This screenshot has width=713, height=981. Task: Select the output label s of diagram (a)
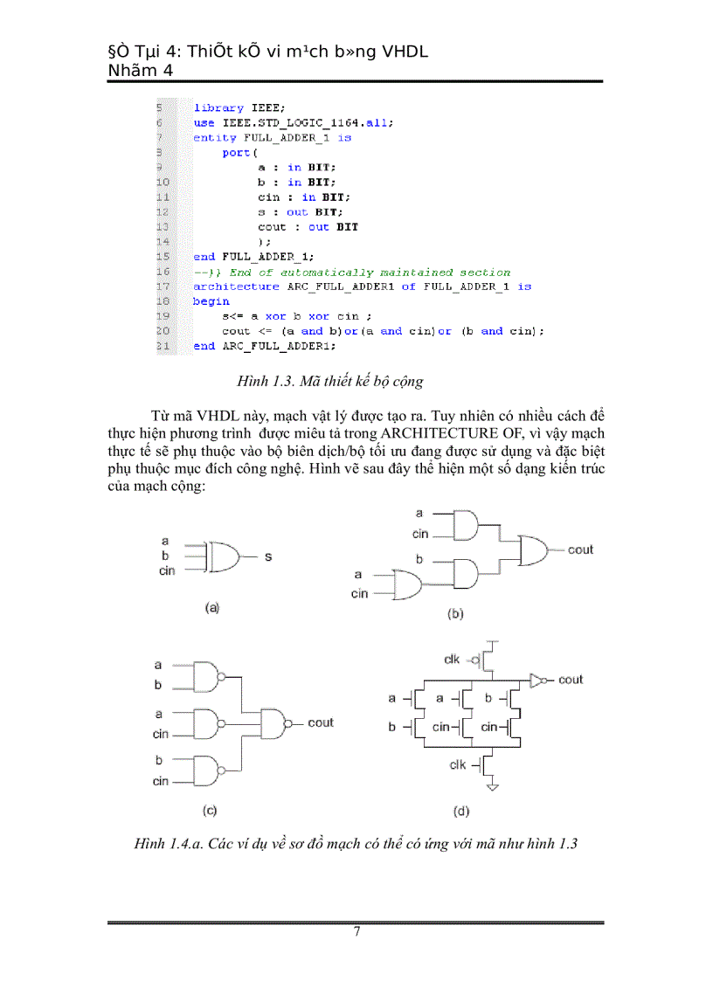(x=267, y=556)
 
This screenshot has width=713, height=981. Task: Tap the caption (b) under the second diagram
(x=455, y=614)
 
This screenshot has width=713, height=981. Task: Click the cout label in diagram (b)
(x=580, y=549)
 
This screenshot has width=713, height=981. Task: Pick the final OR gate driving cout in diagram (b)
(x=534, y=550)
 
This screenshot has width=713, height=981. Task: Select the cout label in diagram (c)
(x=321, y=722)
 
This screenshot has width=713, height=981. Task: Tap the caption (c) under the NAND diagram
(x=210, y=810)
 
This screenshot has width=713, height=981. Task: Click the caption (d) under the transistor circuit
(x=460, y=812)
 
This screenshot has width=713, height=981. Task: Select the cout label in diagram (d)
(x=571, y=680)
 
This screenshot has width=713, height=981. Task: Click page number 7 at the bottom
(x=356, y=931)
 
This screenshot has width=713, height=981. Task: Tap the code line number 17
(x=162, y=287)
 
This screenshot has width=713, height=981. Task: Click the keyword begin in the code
(x=211, y=301)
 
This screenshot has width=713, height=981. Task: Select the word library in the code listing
(x=218, y=107)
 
